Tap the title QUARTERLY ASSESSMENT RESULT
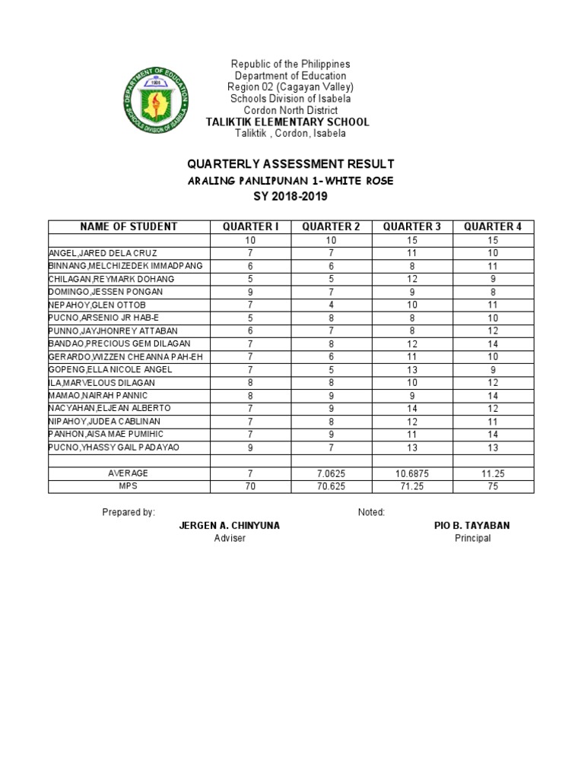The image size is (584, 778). click(290, 164)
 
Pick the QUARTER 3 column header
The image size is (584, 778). click(412, 226)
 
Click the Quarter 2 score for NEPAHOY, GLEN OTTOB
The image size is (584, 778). click(331, 304)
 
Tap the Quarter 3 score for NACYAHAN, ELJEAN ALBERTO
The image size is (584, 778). click(412, 408)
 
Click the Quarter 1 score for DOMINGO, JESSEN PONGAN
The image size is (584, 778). click(250, 291)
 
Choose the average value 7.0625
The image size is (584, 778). click(331, 473)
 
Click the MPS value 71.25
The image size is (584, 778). click(412, 485)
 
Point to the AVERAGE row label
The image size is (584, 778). click(128, 473)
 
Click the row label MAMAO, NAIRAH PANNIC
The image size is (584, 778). click(98, 395)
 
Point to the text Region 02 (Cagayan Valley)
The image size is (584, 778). click(291, 87)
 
